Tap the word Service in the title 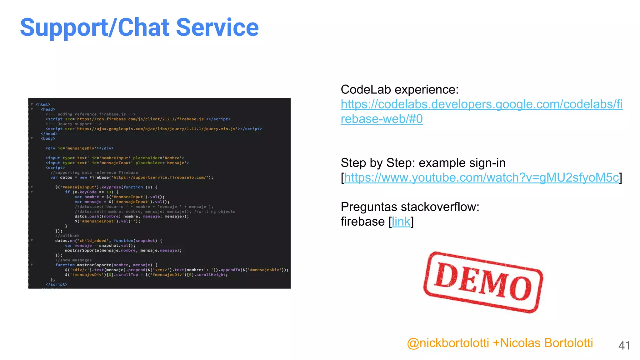(x=217, y=27)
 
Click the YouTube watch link (x=481, y=177)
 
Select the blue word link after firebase (x=401, y=222)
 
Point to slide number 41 (x=624, y=345)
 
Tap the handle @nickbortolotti (x=448, y=343)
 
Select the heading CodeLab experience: (x=399, y=90)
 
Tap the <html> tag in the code (x=43, y=104)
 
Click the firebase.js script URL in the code (x=141, y=119)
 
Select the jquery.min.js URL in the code (x=157, y=129)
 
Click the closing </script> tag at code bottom (x=57, y=284)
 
